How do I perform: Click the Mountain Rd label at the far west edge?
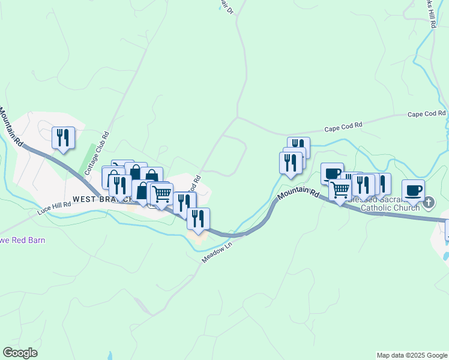11,127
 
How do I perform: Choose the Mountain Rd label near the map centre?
298,193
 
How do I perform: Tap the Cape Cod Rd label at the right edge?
427,113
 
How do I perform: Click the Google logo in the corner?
20,353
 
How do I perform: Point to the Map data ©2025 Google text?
411,355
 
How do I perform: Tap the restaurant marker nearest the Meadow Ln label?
198,218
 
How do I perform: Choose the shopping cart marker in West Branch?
161,194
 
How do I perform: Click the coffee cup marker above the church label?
414,190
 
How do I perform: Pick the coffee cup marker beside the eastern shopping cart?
331,174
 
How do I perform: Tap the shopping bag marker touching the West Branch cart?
143,191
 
